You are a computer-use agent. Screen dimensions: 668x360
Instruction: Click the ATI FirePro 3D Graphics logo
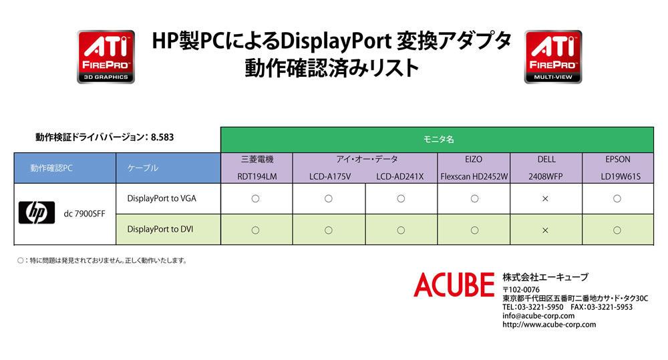[x=106, y=57]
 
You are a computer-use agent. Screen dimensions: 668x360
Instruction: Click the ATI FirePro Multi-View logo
[x=553, y=57]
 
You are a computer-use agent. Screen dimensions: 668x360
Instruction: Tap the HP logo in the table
[x=37, y=212]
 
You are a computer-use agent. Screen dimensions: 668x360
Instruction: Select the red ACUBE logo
[x=454, y=285]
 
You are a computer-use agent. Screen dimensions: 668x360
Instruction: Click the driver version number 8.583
[x=162, y=137]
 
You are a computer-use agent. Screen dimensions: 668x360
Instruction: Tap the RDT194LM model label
[x=257, y=176]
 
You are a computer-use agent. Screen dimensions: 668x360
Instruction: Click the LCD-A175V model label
[x=330, y=176]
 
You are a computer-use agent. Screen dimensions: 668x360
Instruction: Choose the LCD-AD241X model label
[x=399, y=176]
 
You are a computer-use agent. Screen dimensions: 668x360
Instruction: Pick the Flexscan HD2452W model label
[x=474, y=176]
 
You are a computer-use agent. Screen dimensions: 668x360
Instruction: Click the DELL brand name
[x=546, y=160]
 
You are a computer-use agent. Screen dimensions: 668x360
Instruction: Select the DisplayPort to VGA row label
[x=162, y=198]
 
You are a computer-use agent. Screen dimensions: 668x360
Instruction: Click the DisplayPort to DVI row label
[x=160, y=229]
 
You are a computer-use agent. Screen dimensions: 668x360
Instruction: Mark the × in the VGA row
[x=545, y=199]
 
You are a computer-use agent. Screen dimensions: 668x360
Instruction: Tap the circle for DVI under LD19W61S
[x=617, y=230]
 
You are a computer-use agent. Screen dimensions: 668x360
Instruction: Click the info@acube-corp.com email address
[x=538, y=316]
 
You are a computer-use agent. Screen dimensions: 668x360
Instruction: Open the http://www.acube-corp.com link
[x=549, y=325]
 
